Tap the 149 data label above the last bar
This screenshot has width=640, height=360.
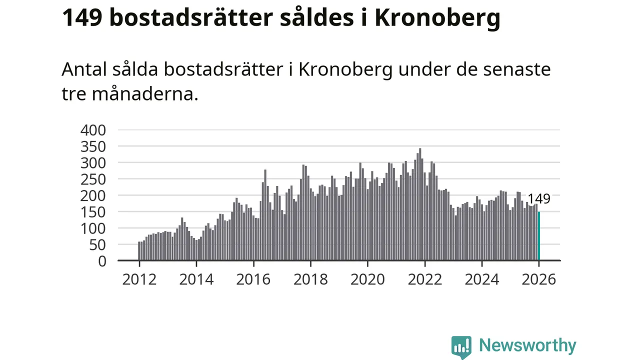pyautogui.click(x=538, y=199)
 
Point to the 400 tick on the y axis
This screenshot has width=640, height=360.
pyautogui.click(x=93, y=130)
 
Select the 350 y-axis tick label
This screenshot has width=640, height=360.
pyautogui.click(x=93, y=147)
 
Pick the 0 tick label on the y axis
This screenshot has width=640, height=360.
pyautogui.click(x=102, y=261)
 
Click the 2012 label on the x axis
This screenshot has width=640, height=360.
pyautogui.click(x=139, y=279)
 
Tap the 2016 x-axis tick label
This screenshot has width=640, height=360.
pyautogui.click(x=253, y=279)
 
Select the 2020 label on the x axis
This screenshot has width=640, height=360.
pyautogui.click(x=367, y=279)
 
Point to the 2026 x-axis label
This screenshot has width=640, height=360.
pyautogui.click(x=538, y=279)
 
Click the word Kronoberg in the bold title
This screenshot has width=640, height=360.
pyautogui.click(x=437, y=19)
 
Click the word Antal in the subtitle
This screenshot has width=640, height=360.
pyautogui.click(x=84, y=69)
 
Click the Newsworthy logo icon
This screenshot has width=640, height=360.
pyautogui.click(x=461, y=346)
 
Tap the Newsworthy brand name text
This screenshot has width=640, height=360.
pyautogui.click(x=527, y=345)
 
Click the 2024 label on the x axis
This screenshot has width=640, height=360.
pyautogui.click(x=481, y=279)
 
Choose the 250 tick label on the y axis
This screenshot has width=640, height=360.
pyautogui.click(x=93, y=179)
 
